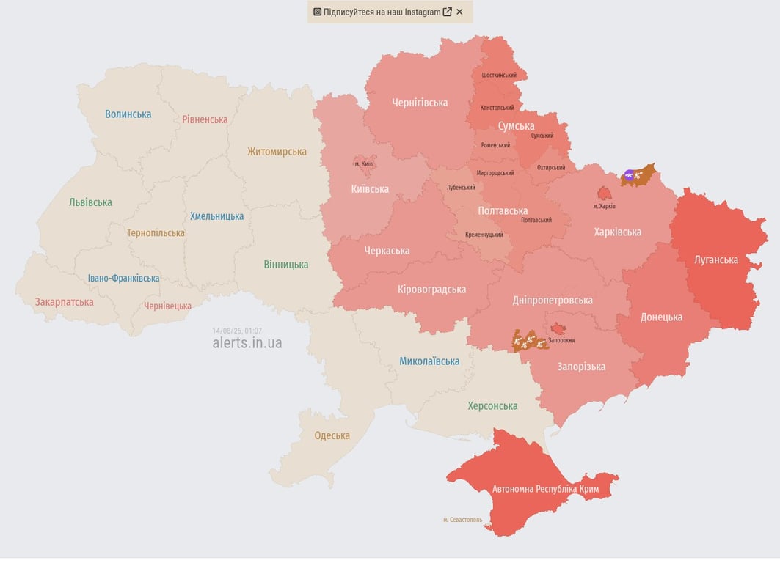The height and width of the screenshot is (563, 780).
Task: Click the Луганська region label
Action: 716,260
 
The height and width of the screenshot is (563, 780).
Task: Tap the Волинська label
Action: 128,114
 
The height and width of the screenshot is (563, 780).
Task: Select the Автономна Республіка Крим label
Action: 545,489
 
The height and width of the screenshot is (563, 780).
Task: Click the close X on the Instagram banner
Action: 459,12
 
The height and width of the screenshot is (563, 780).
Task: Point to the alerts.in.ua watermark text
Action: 247,342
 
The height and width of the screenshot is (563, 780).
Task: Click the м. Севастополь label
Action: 462,520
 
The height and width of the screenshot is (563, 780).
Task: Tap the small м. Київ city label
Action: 363,163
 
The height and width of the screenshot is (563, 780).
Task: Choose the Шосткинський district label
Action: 499,75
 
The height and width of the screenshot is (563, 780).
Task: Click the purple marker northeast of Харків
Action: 629,174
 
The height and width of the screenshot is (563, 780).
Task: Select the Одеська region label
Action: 332,435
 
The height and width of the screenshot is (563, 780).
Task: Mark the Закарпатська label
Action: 65,301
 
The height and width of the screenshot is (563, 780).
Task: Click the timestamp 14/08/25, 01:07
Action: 236,331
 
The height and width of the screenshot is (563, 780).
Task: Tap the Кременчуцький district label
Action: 484,235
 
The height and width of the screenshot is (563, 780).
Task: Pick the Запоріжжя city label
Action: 561,340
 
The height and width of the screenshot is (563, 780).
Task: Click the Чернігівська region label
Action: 420,103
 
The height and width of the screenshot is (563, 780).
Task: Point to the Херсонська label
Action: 492,405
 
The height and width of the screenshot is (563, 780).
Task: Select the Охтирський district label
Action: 551,167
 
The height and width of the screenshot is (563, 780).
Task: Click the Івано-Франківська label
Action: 123,278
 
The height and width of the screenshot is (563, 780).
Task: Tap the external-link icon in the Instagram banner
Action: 447,12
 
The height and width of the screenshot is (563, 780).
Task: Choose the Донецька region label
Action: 661,317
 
